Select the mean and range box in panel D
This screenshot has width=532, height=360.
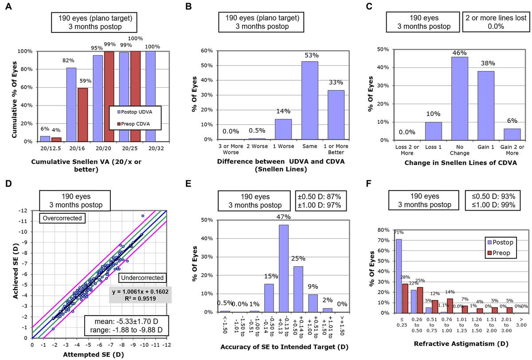click(138, 325)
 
